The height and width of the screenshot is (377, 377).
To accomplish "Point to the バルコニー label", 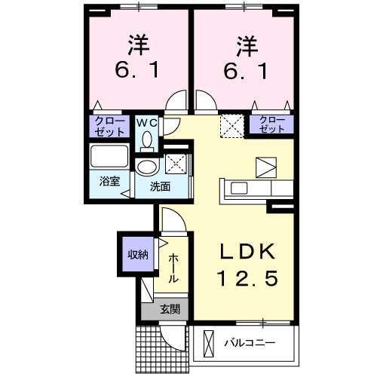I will (250, 343).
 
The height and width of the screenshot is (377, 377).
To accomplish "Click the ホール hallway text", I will (173, 268).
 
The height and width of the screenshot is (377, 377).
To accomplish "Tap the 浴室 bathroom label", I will (109, 181).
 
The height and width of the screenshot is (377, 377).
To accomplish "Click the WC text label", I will (146, 121).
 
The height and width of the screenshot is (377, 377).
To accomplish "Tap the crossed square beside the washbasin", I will (176, 162).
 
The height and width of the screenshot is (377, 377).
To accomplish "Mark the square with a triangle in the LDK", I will (267, 166).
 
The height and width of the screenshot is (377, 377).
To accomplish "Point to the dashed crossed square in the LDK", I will (231, 125).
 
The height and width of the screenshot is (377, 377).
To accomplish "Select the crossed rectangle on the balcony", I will (209, 344).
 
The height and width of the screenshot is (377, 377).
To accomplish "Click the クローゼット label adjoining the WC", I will (109, 126).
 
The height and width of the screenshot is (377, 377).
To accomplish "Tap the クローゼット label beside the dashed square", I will (271, 125).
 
